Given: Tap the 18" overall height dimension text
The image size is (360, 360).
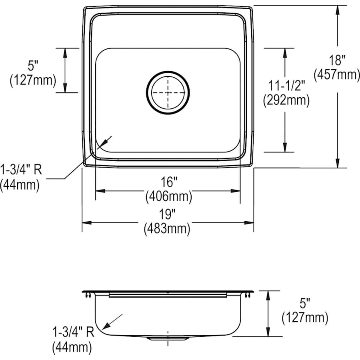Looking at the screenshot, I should coord(337,60).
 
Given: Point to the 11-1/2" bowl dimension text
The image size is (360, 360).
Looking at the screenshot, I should coord(286,86).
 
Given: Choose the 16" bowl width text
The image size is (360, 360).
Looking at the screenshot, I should coord(168,182).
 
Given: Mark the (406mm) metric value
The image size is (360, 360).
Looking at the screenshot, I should coord(168,196).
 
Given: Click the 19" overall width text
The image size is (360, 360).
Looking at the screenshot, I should coord(168,214).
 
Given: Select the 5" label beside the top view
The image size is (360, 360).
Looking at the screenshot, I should coord(33,65).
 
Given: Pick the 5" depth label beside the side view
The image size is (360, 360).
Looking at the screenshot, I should coord(305,304).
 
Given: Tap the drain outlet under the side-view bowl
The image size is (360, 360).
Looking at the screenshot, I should coord(168,338).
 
